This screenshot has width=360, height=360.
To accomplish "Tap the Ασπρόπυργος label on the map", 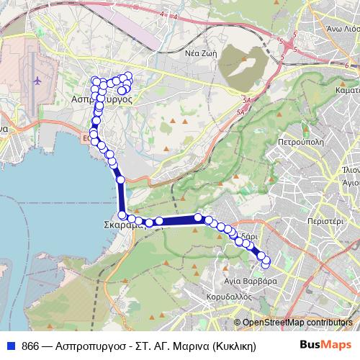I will pyautogui.click(x=105, y=100).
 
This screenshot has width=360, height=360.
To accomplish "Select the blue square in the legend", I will pyautogui.click(x=12, y=345).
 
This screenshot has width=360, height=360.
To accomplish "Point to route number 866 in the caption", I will pyautogui.click(x=31, y=345).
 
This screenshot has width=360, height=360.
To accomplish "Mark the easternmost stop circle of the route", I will pyautogui.click(x=267, y=261).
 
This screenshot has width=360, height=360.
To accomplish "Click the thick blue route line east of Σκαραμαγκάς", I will pyautogui.click(x=176, y=220).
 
